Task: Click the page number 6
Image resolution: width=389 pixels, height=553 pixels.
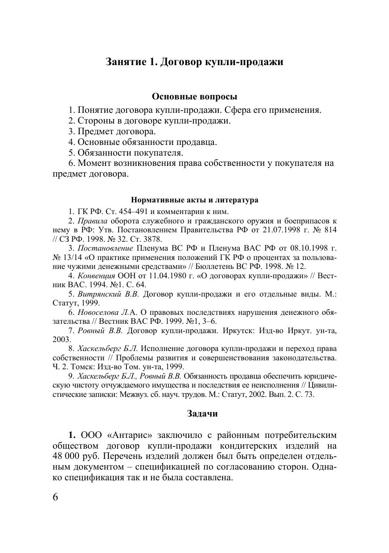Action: pos(56,497)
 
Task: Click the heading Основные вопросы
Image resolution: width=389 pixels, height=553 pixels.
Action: pos(194,96)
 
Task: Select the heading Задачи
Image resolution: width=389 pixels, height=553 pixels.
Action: pos(202,413)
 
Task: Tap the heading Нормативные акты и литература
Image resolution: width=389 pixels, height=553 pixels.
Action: pos(194,200)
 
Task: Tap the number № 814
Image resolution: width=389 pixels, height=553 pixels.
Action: pos(327,230)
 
